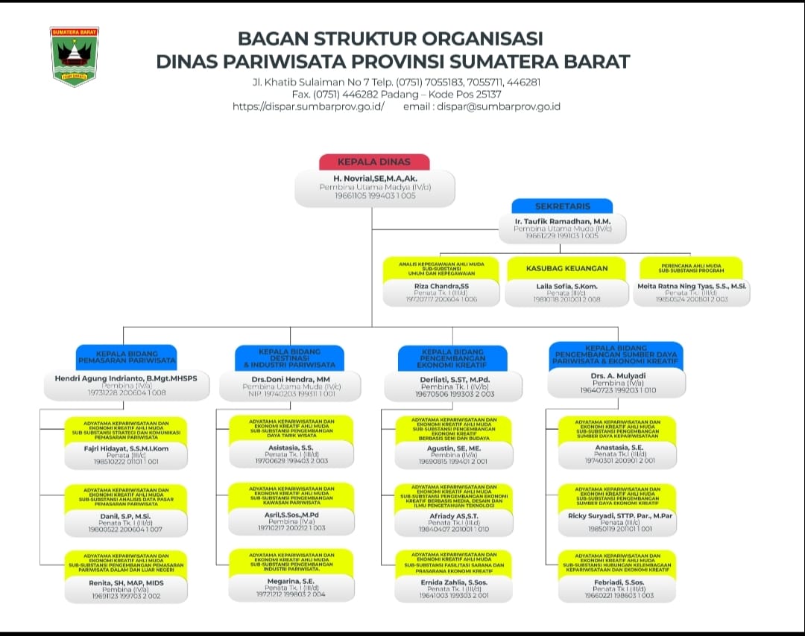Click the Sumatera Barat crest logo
(75, 56)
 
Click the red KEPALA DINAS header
(374, 162)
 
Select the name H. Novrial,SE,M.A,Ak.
(374, 179)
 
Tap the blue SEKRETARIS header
(562, 206)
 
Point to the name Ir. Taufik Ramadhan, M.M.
(562, 221)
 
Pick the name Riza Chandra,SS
(442, 286)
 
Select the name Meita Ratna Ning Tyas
(692, 286)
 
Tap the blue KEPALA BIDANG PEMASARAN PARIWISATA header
(126, 357)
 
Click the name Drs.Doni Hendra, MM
(290, 378)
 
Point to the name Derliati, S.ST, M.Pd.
(452, 378)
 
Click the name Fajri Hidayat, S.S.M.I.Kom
(126, 448)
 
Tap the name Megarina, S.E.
(290, 580)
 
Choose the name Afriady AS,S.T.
(452, 515)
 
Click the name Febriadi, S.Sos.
(616, 581)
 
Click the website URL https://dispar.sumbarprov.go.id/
(309, 106)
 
